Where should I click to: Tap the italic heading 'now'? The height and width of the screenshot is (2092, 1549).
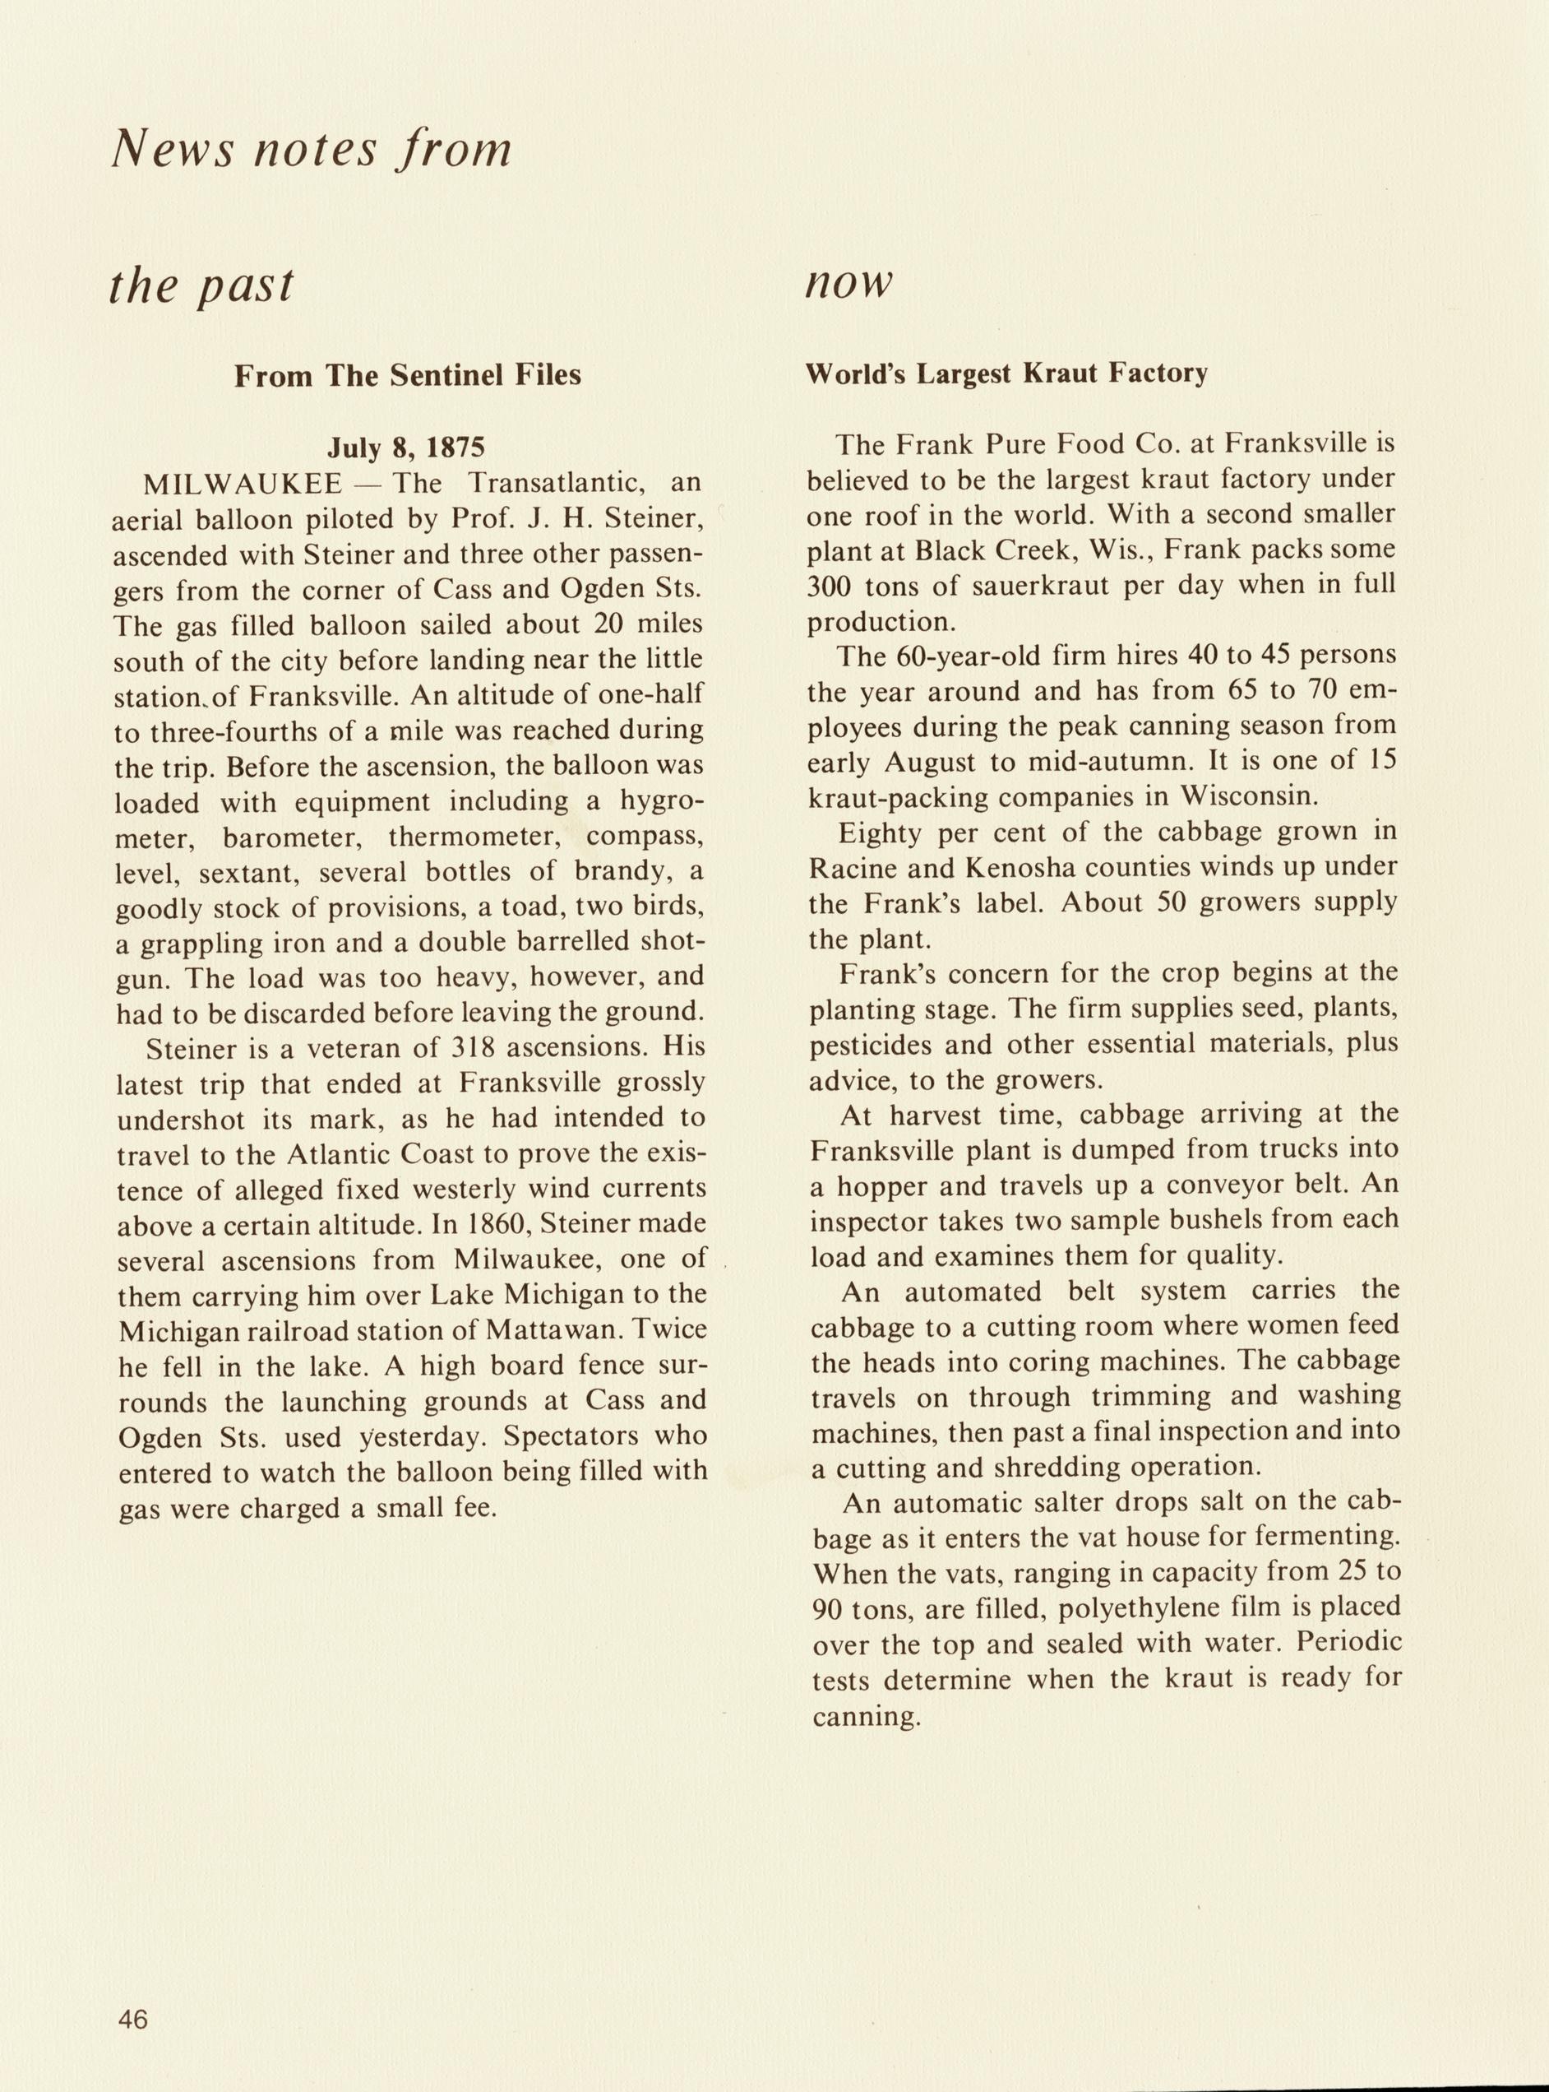point(848,283)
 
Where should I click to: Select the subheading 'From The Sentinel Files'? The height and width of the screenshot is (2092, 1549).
point(407,375)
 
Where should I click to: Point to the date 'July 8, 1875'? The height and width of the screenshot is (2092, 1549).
point(407,448)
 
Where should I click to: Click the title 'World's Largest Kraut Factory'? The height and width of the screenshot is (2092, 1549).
point(1007,373)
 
